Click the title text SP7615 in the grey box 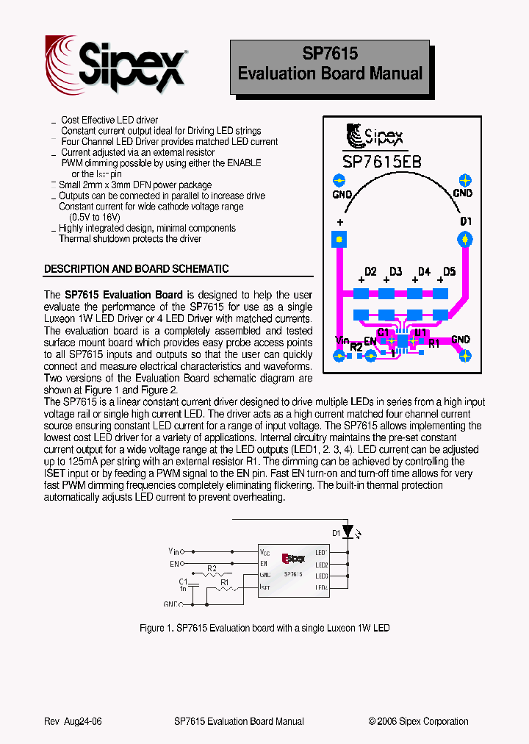tap(330, 54)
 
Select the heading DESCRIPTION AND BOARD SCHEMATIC tap(136, 269)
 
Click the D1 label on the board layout tap(466, 221)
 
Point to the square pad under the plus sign tap(339, 238)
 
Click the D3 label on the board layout tap(395, 272)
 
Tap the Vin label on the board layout tap(341, 340)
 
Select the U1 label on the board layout tap(420, 334)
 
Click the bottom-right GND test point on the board tap(464, 355)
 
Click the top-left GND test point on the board tap(339, 181)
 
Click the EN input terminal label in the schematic tap(175, 564)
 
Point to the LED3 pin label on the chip tap(321, 576)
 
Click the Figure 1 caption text tap(264, 629)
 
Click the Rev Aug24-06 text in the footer tap(73, 721)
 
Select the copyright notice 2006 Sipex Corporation tap(418, 721)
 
